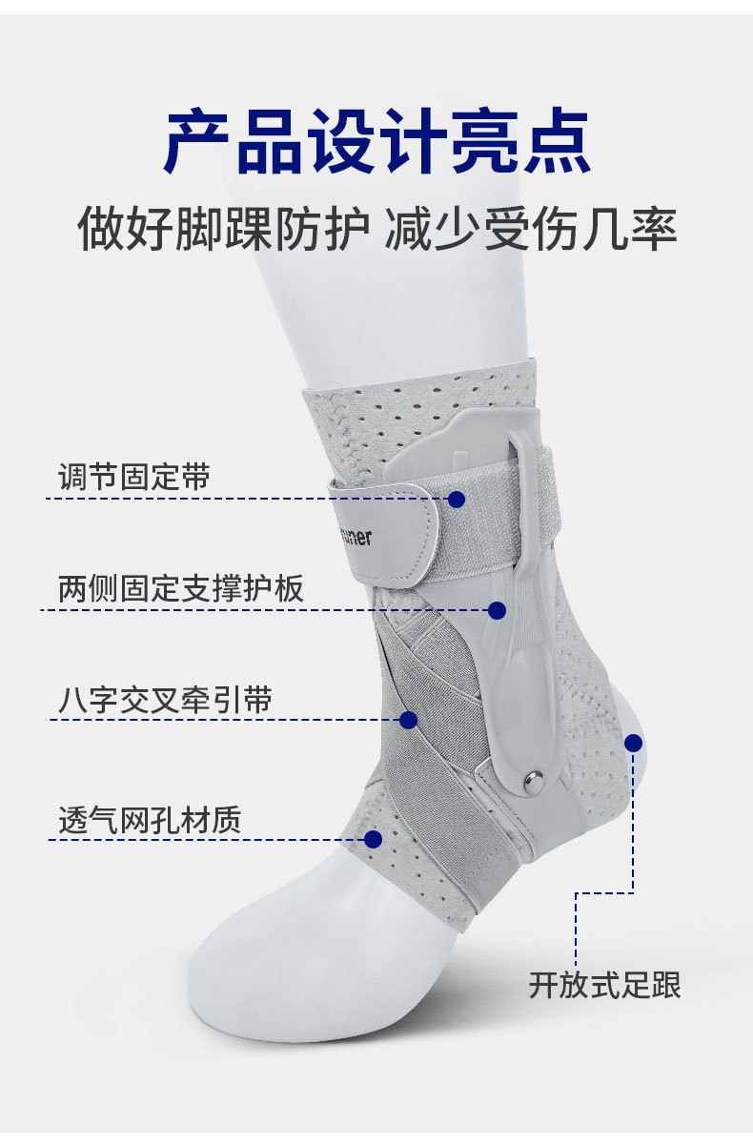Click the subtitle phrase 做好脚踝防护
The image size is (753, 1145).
223,229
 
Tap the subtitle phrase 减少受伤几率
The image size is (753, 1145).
531,229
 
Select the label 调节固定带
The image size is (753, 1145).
133,477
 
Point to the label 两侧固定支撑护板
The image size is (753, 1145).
181,588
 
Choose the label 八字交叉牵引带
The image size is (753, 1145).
165,701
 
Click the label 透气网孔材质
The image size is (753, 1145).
150,820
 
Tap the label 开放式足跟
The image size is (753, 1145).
605,985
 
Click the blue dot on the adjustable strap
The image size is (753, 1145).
457,499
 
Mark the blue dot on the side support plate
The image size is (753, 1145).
497,610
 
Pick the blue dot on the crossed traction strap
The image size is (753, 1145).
408,720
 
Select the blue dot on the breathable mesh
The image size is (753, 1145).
374,839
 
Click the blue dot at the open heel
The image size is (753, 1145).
633,743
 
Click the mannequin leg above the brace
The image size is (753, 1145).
419,305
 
